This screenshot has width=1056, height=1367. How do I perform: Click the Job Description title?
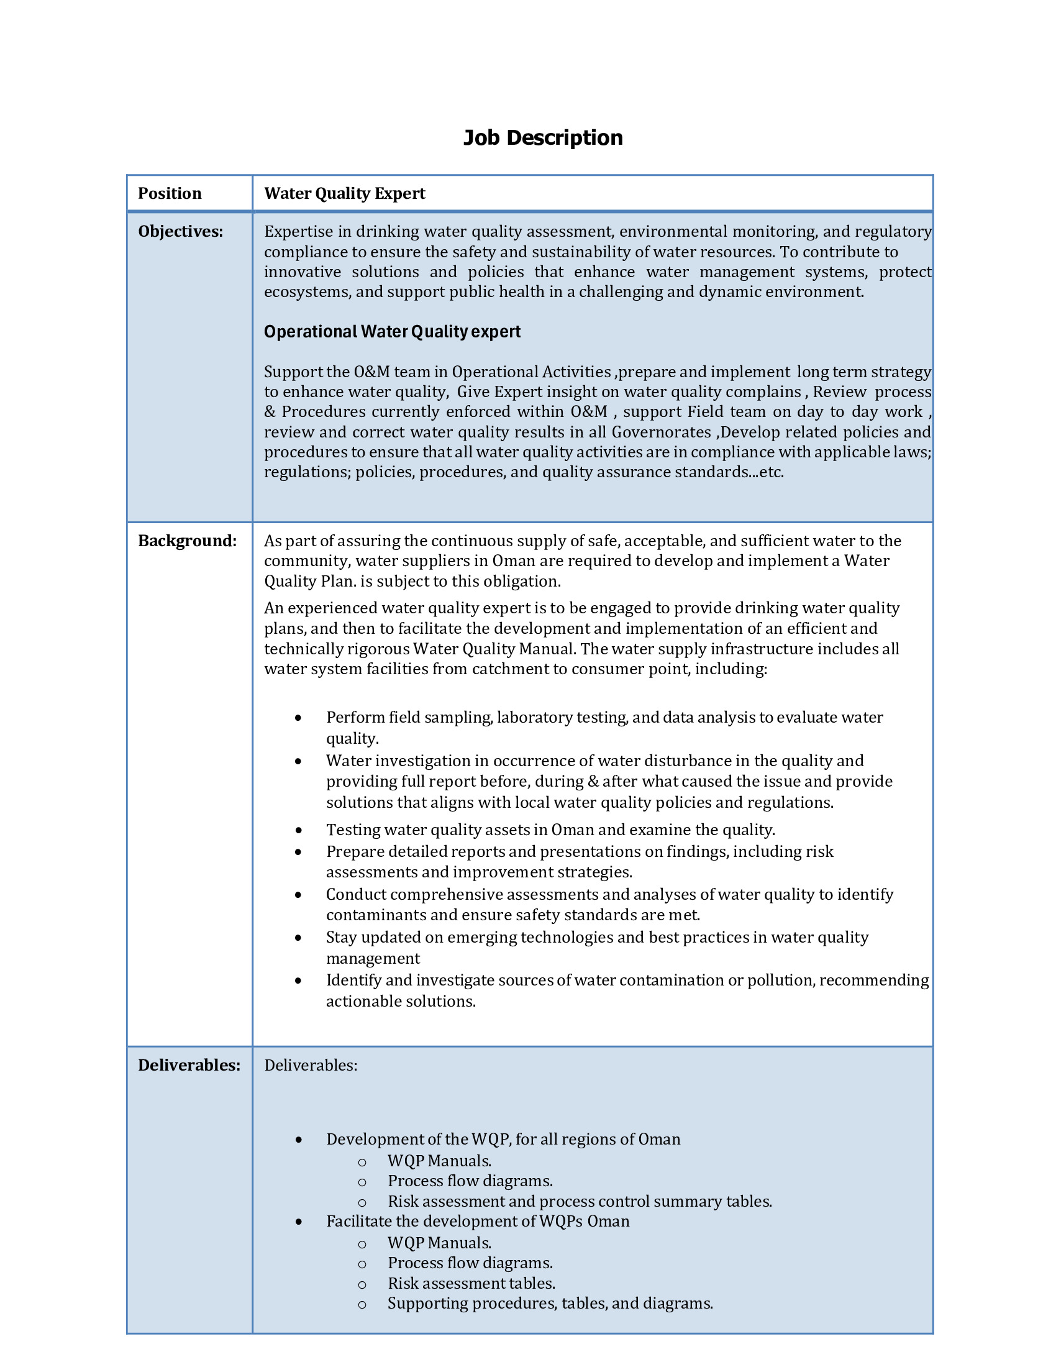pos(542,138)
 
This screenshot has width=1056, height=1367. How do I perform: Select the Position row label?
pos(170,193)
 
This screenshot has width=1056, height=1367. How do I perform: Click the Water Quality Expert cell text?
pos(344,193)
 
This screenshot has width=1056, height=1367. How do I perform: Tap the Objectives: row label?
pos(180,232)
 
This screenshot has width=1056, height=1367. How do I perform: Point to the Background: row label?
pos(187,541)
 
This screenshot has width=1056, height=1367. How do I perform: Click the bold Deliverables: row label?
pos(189,1065)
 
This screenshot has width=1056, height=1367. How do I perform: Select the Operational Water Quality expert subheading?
pos(391,332)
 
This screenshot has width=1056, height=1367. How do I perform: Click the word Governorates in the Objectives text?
pos(661,432)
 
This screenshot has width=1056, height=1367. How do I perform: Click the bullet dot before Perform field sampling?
pos(298,718)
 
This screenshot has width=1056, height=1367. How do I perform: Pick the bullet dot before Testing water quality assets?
pos(298,831)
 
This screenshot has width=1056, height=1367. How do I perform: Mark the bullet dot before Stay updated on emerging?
pos(298,938)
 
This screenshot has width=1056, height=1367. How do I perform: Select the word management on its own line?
pos(373,959)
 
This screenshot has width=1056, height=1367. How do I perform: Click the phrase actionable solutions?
pos(401,1002)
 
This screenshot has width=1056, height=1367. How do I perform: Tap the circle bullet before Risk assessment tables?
pos(362,1284)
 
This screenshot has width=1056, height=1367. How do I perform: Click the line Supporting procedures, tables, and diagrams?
pos(550,1304)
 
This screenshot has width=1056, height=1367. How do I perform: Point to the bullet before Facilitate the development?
pos(298,1222)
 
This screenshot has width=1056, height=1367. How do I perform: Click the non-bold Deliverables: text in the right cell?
pos(311,1065)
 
